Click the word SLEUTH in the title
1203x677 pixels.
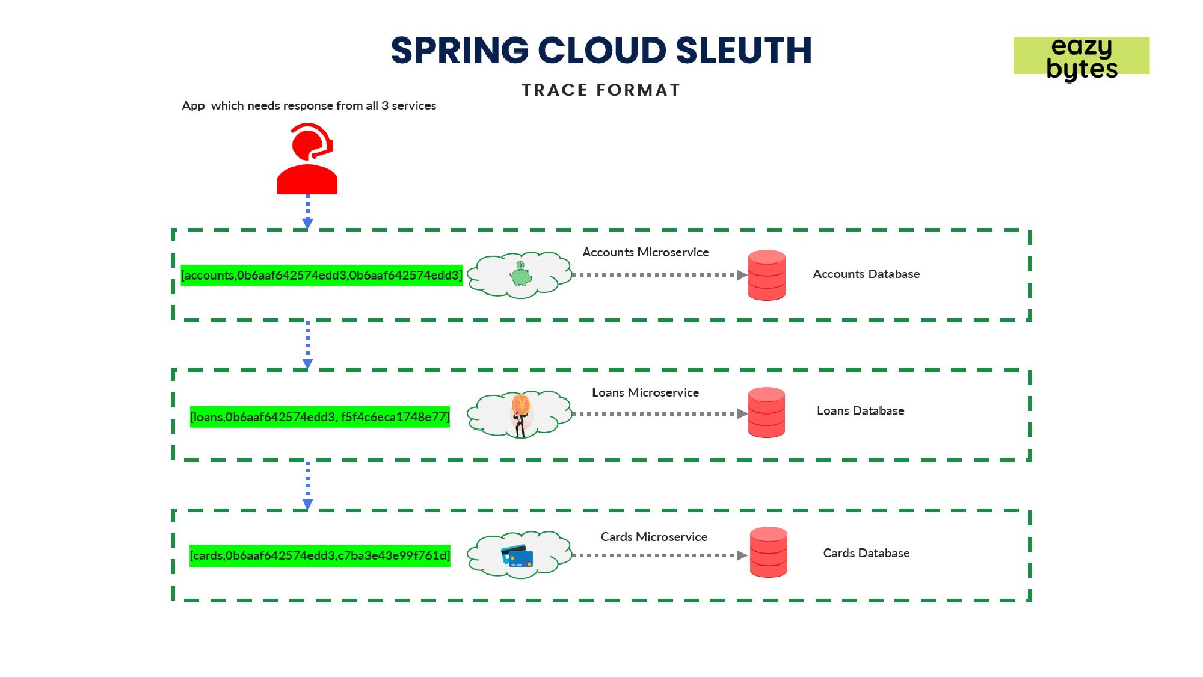click(744, 51)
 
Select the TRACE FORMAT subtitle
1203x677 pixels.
click(601, 90)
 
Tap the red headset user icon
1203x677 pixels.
click(307, 159)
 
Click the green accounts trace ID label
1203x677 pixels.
click(322, 276)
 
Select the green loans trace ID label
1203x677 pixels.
click(320, 417)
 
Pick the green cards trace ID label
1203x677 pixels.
click(320, 555)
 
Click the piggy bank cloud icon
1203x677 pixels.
click(520, 275)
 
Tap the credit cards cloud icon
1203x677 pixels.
click(518, 555)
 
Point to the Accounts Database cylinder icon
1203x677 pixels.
click(766, 275)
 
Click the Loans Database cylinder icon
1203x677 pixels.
click(766, 413)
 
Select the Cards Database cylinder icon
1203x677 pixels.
click(768, 552)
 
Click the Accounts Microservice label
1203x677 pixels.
click(645, 253)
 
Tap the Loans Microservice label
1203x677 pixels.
click(645, 393)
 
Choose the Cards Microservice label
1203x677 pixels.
click(654, 537)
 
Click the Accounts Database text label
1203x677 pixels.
click(866, 274)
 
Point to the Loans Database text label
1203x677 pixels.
click(860, 411)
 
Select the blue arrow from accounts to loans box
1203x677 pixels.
click(307, 345)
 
